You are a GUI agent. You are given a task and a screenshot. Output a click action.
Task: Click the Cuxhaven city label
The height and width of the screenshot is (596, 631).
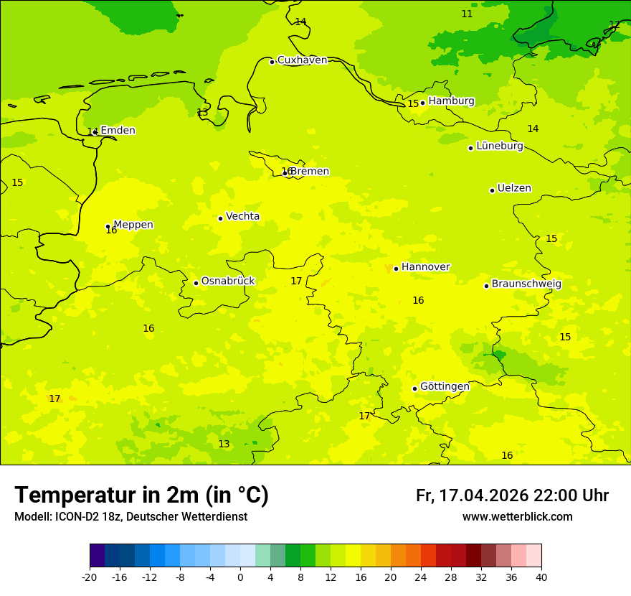(x=302, y=60)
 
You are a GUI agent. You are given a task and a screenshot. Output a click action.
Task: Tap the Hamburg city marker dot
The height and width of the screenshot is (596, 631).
(x=423, y=103)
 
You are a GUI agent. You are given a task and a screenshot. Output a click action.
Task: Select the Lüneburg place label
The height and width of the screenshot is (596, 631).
(x=499, y=146)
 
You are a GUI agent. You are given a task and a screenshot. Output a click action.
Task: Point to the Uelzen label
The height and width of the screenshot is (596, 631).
(x=514, y=188)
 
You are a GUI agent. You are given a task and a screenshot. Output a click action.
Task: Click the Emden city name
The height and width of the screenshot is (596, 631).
(x=118, y=130)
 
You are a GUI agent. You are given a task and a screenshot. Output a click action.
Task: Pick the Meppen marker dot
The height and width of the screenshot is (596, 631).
(x=108, y=226)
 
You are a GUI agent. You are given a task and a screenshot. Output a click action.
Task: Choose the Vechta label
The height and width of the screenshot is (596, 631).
(x=242, y=216)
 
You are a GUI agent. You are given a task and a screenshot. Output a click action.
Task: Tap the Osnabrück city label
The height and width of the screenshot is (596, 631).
(x=228, y=281)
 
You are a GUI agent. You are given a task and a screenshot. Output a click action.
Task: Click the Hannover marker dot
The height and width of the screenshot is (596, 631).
(x=396, y=269)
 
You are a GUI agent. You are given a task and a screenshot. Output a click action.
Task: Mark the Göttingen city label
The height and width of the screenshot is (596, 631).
(x=445, y=386)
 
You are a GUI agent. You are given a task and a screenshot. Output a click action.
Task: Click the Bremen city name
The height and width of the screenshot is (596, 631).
(x=310, y=171)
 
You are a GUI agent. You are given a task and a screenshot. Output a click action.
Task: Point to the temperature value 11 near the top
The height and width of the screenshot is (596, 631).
(x=467, y=14)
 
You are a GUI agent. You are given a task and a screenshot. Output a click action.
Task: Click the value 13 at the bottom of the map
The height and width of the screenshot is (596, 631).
(x=224, y=444)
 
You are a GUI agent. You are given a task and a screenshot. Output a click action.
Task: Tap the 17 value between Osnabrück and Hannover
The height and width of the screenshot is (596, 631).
(x=296, y=281)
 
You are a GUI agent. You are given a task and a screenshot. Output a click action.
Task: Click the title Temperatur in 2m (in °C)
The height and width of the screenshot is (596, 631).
(x=141, y=495)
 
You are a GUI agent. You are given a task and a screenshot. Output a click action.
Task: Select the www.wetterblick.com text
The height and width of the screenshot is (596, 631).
(x=517, y=516)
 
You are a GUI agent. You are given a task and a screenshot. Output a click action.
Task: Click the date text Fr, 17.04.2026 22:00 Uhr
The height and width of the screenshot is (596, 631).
(x=512, y=495)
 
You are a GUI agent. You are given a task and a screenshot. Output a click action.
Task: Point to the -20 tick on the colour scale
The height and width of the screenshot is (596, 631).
(x=90, y=577)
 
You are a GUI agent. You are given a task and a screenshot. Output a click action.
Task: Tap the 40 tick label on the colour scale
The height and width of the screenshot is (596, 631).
(x=541, y=577)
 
